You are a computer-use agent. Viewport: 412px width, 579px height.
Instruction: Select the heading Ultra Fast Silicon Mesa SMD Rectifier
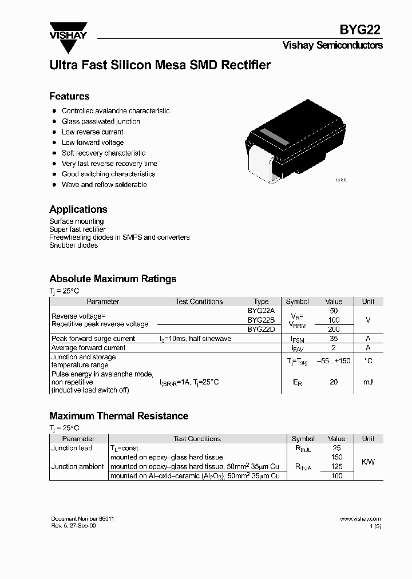click(x=160, y=65)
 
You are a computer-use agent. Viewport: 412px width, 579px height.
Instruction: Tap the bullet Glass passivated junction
click(x=101, y=121)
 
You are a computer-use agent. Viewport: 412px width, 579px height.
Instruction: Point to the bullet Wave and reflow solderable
click(x=104, y=185)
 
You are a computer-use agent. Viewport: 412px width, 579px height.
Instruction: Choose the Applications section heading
click(x=78, y=209)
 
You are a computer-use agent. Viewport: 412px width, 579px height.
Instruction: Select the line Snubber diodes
click(x=73, y=245)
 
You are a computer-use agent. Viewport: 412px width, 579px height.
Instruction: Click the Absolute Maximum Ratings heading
click(x=113, y=279)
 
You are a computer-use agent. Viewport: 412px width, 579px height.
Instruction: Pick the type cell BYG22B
click(x=261, y=320)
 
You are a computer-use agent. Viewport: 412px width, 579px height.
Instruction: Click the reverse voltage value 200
click(x=334, y=330)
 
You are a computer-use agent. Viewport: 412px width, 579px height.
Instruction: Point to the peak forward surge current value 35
click(x=334, y=339)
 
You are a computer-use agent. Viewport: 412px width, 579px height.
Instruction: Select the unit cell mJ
click(x=368, y=382)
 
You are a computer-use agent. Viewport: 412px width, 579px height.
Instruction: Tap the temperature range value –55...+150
click(x=334, y=361)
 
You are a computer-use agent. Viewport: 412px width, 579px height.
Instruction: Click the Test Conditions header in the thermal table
click(x=197, y=439)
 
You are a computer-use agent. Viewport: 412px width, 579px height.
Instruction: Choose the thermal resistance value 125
click(x=336, y=467)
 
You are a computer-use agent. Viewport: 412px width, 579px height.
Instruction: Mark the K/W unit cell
click(x=368, y=462)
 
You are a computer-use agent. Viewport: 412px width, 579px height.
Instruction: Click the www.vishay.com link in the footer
click(x=360, y=518)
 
